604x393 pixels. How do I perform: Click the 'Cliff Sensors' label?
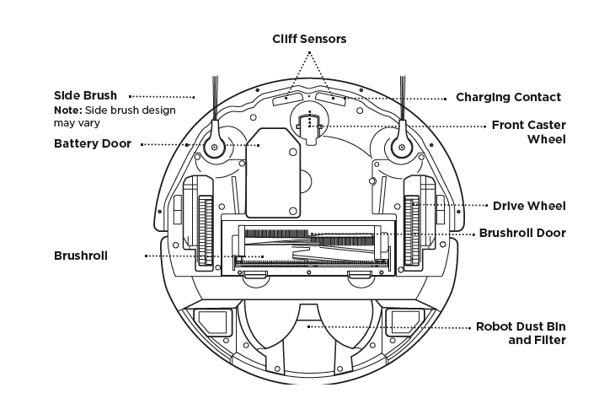pyautogui.click(x=309, y=39)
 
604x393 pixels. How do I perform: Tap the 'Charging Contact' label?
pyautogui.click(x=508, y=97)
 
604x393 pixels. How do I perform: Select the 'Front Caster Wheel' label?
pyautogui.click(x=528, y=132)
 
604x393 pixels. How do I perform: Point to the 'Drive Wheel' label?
pyautogui.click(x=529, y=206)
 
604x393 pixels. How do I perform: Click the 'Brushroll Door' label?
pyautogui.click(x=522, y=233)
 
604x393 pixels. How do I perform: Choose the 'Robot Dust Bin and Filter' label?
pyautogui.click(x=521, y=333)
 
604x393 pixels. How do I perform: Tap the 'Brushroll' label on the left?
pyautogui.click(x=81, y=256)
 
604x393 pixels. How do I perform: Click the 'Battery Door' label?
pyautogui.click(x=93, y=143)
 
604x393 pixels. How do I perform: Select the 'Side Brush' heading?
pyautogui.click(x=85, y=95)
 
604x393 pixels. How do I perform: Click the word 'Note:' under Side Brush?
pyautogui.click(x=68, y=110)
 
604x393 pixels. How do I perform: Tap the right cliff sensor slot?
pyautogui.click(x=331, y=99)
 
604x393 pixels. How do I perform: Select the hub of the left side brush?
pyautogui.click(x=215, y=147)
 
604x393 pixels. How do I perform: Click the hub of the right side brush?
pyautogui.click(x=402, y=147)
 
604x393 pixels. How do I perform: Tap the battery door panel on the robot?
pyautogui.click(x=273, y=173)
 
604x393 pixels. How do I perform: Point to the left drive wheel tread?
pyautogui.click(x=206, y=230)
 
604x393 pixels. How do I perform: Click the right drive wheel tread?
pyautogui.click(x=411, y=230)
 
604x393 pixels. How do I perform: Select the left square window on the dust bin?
pyautogui.click(x=212, y=321)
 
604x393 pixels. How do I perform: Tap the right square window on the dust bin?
pyautogui.click(x=405, y=321)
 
